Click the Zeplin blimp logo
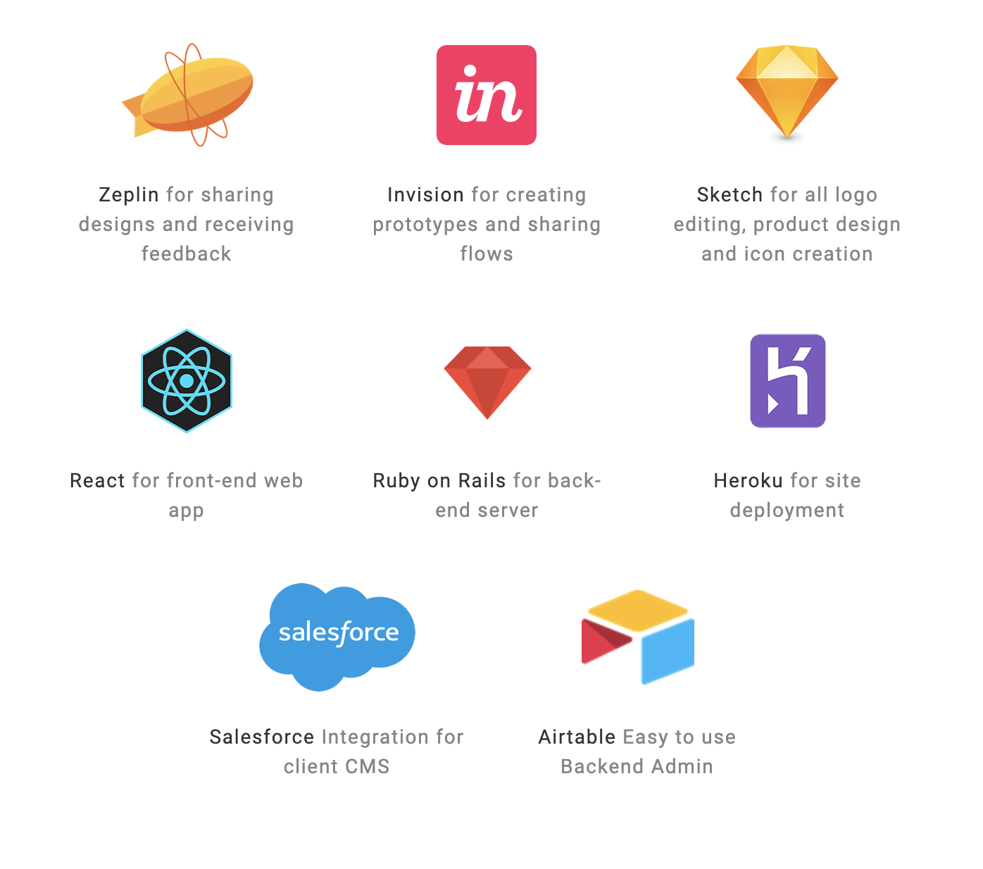click(187, 94)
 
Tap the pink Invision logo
click(486, 95)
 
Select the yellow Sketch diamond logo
click(787, 92)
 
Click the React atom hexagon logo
click(187, 381)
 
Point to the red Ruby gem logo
click(487, 382)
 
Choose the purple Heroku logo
click(787, 381)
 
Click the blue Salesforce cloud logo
click(337, 637)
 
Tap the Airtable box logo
click(637, 637)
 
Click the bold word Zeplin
click(129, 195)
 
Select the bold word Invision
click(425, 194)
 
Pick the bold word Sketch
click(730, 194)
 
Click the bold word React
click(97, 480)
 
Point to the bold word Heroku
click(749, 480)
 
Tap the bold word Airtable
click(577, 737)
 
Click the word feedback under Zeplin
click(187, 254)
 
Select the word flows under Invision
click(487, 254)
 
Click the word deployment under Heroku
click(787, 511)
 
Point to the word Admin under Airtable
click(682, 767)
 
